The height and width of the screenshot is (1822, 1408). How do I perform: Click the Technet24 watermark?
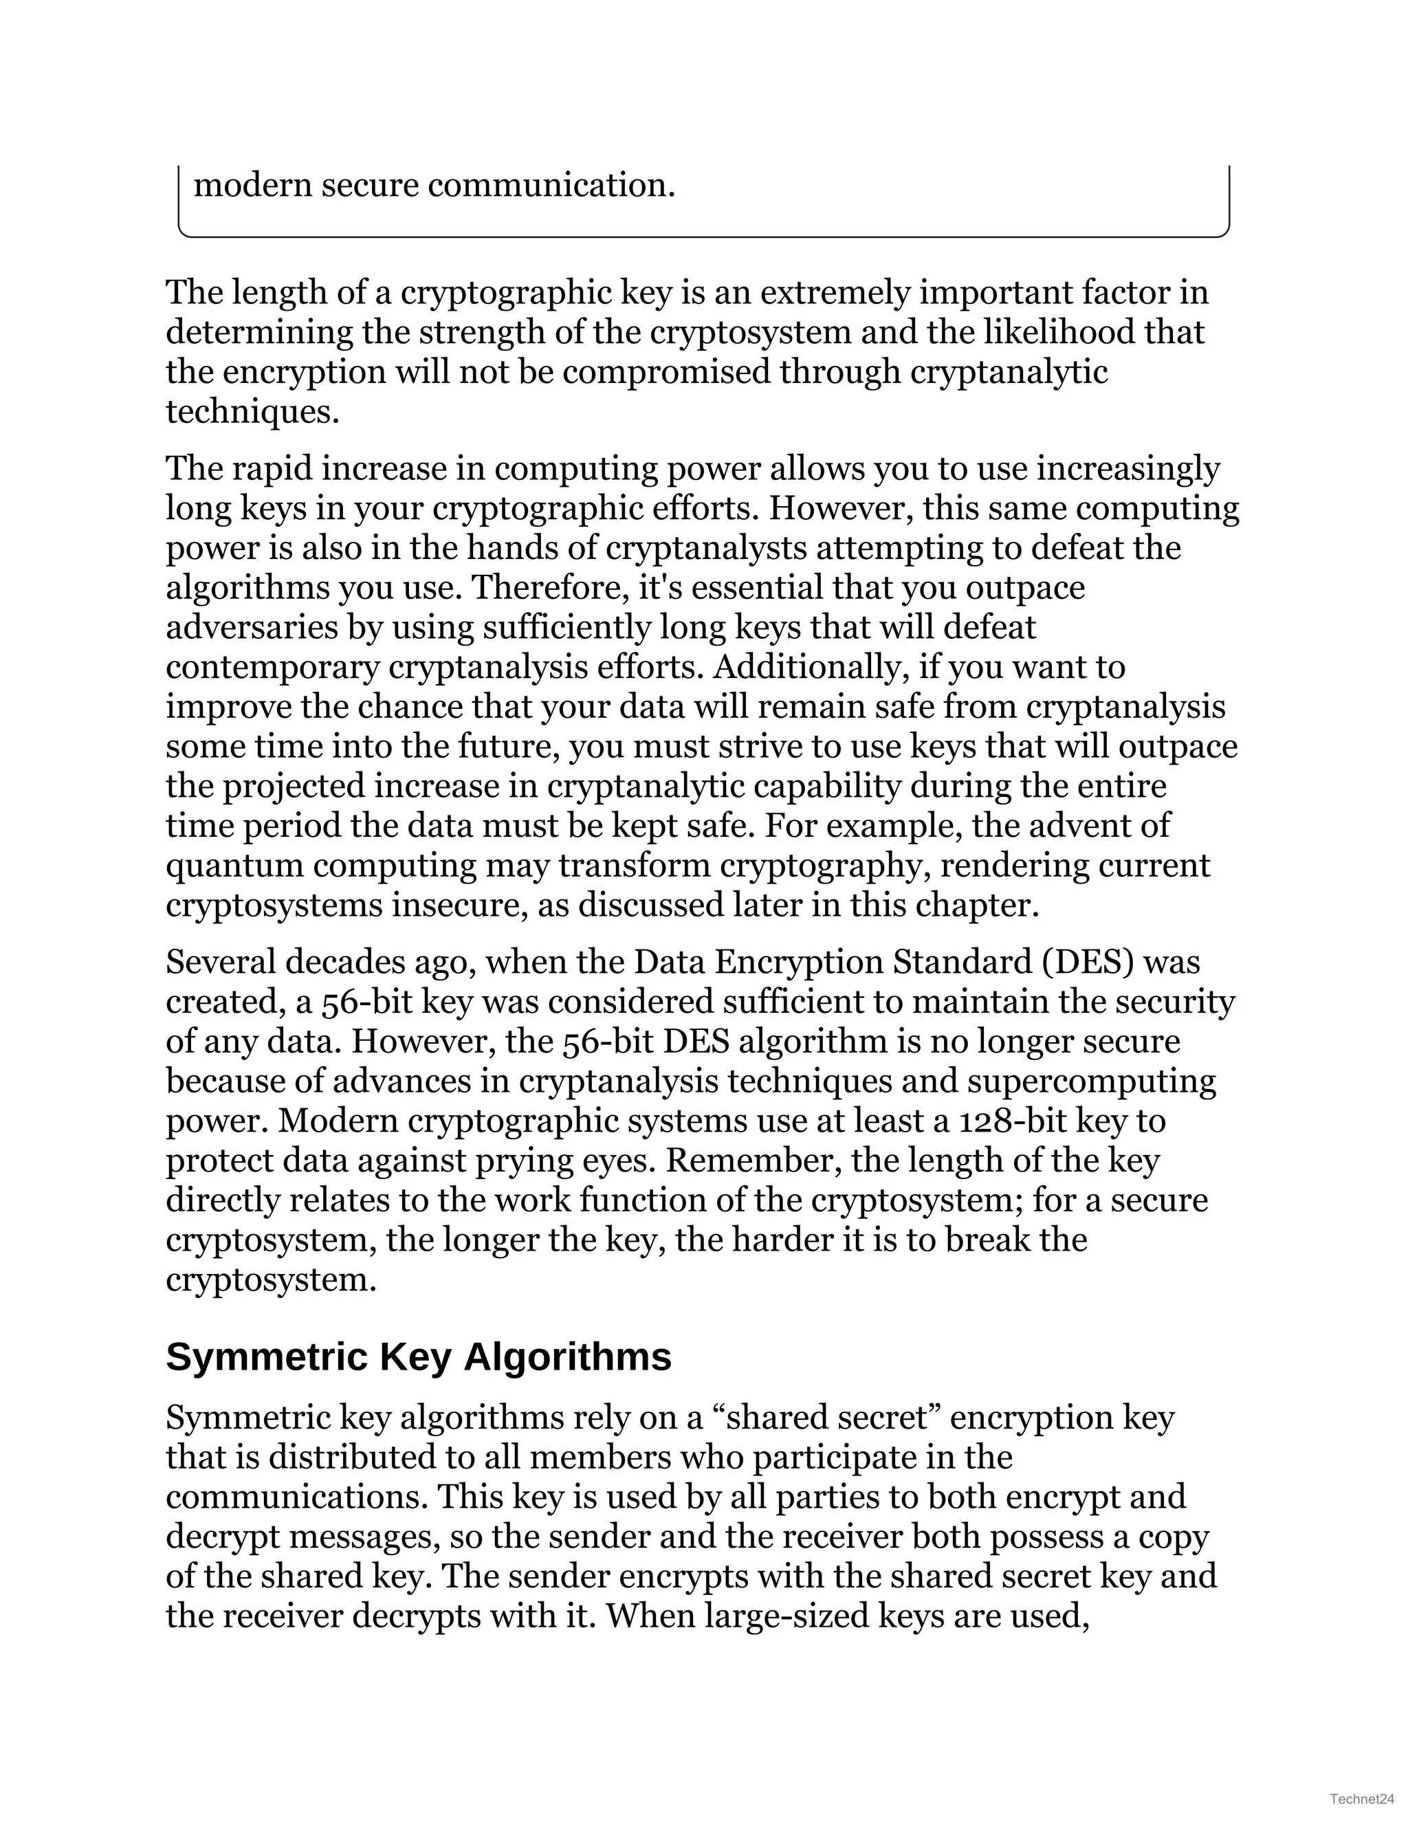(1362, 1799)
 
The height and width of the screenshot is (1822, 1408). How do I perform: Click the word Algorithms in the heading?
(567, 1357)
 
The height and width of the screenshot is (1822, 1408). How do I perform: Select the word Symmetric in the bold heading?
(267, 1357)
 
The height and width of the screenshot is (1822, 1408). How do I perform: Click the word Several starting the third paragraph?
(220, 962)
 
